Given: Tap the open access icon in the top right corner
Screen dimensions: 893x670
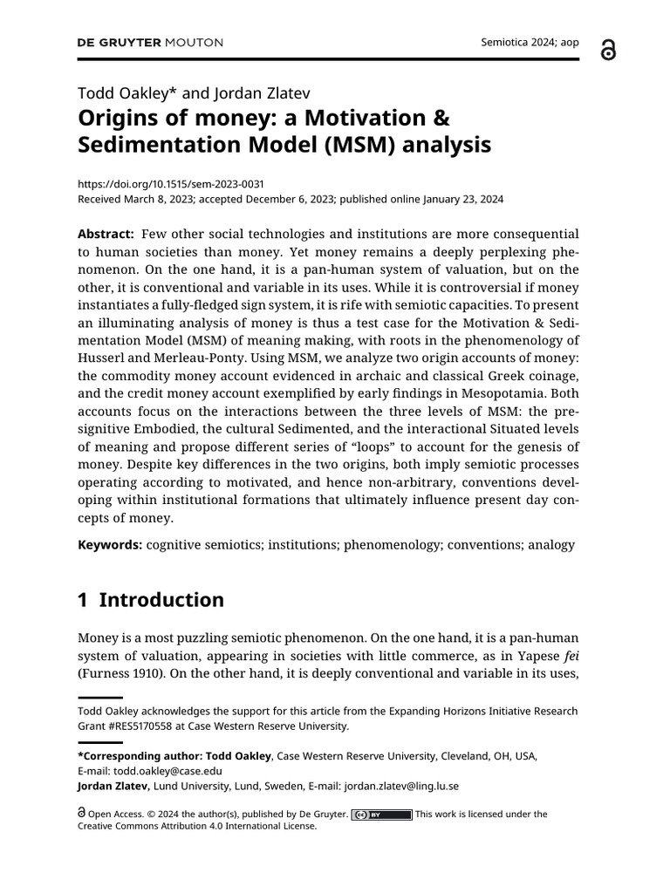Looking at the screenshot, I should pos(608,51).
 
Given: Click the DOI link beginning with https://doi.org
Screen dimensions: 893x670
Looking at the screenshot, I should pos(171,184).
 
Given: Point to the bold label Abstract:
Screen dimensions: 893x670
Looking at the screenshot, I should pos(106,235).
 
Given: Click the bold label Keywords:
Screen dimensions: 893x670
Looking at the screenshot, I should pos(109,544).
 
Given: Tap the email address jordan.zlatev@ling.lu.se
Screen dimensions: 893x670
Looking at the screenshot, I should pos(401,786).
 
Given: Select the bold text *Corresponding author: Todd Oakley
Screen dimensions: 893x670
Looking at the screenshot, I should pos(174,756).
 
